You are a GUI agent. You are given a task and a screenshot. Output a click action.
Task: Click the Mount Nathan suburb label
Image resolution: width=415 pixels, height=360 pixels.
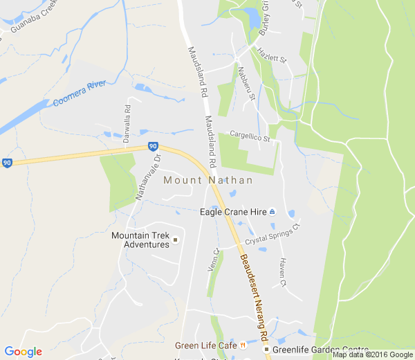coord(207,180)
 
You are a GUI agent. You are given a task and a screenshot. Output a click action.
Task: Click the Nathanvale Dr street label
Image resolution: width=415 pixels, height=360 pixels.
coord(147,177)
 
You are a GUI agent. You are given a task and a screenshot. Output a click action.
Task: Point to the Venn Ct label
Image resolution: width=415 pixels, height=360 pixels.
coord(214,260)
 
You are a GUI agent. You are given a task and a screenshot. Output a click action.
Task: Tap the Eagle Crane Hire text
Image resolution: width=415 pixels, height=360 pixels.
coord(232,212)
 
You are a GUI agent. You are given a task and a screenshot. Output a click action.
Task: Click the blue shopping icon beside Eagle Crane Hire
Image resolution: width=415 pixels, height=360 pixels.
coord(273,212)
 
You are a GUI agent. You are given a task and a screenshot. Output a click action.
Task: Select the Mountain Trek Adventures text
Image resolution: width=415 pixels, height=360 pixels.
coord(140,240)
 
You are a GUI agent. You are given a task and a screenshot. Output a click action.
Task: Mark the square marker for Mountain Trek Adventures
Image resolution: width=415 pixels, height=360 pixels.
coord(175,240)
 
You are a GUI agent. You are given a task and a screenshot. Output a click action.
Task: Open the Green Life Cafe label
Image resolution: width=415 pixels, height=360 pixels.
coord(206,345)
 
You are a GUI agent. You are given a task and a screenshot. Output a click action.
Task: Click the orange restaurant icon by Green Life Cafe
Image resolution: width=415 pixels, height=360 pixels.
coord(243,345)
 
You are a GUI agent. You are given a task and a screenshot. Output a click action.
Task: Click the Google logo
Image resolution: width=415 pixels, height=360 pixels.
coord(23,351)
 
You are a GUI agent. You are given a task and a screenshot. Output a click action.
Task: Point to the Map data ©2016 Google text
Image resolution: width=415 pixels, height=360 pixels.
coord(372,354)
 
